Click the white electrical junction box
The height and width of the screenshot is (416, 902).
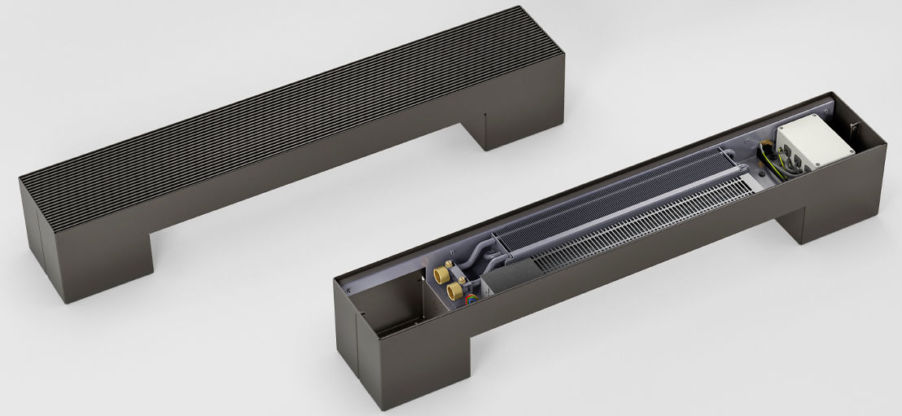[813, 145]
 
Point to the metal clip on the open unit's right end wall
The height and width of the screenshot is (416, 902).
[851, 128]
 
